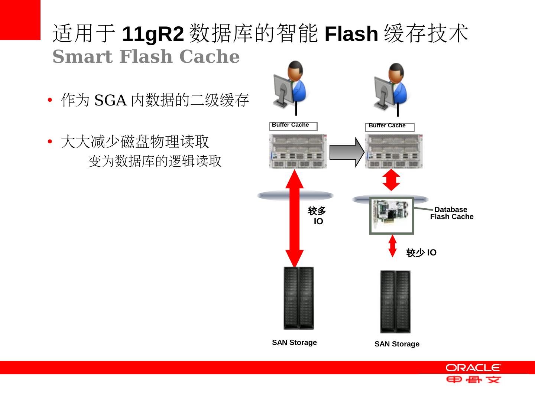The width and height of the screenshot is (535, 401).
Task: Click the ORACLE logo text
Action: [x=473, y=368]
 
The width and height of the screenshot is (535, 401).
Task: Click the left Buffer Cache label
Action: [x=291, y=125]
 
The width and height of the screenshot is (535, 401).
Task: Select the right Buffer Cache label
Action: [x=387, y=126]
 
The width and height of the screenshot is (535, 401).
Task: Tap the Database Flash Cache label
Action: [x=451, y=213]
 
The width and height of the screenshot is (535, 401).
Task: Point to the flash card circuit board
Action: [x=392, y=215]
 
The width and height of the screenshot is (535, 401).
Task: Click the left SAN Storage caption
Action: [x=294, y=342]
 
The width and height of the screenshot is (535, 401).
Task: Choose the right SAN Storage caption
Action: [x=397, y=344]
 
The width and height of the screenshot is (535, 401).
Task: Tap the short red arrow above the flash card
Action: [x=391, y=180]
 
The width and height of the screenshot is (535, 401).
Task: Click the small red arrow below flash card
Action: [x=392, y=245]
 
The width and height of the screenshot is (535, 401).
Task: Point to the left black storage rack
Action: [x=298, y=298]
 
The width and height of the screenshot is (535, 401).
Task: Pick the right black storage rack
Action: [x=395, y=301]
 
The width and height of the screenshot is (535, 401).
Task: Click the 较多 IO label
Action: [x=317, y=216]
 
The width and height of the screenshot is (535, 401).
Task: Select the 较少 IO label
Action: [x=421, y=253]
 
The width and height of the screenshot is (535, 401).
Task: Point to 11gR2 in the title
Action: [x=153, y=34]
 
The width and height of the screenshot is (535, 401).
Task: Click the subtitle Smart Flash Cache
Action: [x=146, y=57]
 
